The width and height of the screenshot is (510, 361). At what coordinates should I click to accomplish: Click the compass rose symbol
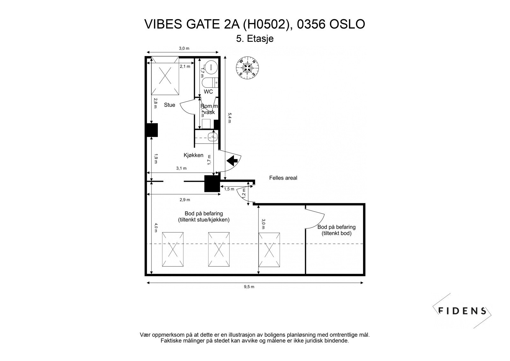[x=247, y=67]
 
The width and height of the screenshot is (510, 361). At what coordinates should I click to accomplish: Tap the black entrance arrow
[x=233, y=160]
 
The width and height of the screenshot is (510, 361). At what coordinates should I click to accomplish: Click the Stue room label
[x=170, y=105]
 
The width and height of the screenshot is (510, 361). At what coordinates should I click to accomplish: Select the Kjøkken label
[x=193, y=155]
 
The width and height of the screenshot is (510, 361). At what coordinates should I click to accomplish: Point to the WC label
[x=208, y=92]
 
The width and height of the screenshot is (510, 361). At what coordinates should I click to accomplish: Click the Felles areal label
[x=283, y=178]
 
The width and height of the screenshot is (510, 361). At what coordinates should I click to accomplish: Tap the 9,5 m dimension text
[x=249, y=287]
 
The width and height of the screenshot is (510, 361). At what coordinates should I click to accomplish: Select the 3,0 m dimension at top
[x=184, y=48]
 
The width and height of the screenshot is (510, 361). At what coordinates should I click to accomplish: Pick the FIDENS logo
[x=462, y=311]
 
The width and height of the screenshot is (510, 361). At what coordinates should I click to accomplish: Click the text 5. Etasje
[x=255, y=39]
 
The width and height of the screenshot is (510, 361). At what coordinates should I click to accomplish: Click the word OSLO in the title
[x=347, y=24]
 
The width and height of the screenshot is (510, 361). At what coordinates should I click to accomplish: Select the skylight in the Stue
[x=165, y=76]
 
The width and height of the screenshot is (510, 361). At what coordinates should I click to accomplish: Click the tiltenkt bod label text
[x=336, y=233]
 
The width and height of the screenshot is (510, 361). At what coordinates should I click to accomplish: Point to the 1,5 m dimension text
[x=229, y=189]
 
